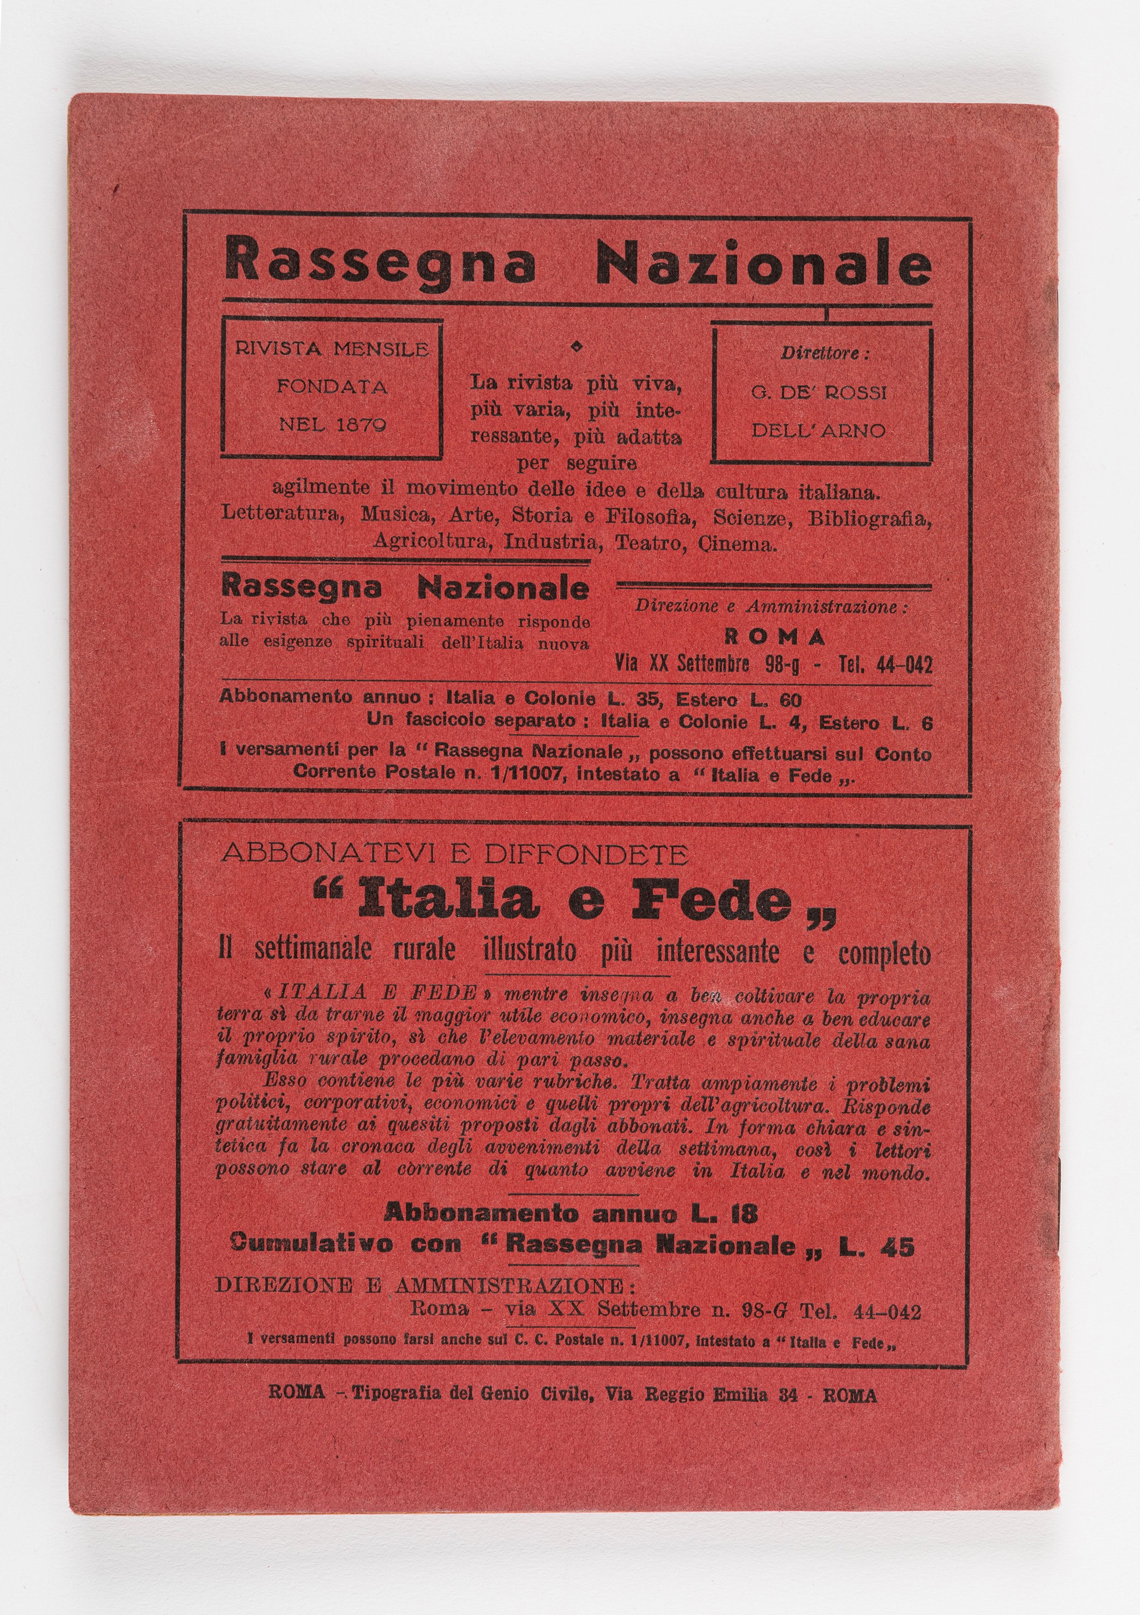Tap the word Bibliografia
[x=869, y=518]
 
